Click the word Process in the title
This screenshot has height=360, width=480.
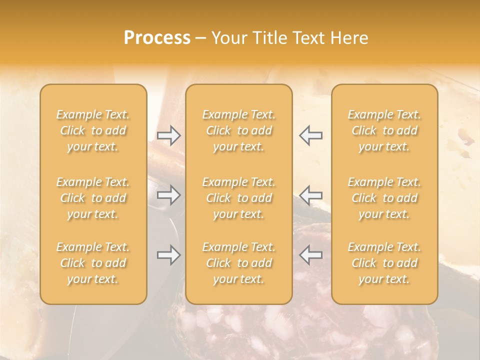[x=157, y=38]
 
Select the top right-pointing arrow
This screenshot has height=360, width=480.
[x=169, y=135]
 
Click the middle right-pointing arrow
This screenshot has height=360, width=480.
[x=169, y=195]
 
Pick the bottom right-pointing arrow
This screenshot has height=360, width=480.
[x=169, y=255]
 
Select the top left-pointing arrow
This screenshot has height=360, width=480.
[x=310, y=135]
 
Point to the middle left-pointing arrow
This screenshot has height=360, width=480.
[x=310, y=195]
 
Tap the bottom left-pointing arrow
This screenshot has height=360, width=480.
[x=310, y=255]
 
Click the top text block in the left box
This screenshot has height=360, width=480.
[x=93, y=130]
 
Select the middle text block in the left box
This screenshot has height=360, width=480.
[x=93, y=198]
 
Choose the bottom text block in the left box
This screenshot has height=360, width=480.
[x=93, y=263]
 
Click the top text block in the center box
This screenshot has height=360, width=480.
[x=239, y=130]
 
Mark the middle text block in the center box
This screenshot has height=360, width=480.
[x=239, y=198]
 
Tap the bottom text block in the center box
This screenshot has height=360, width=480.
[x=239, y=263]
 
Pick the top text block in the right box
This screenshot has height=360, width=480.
[x=384, y=130]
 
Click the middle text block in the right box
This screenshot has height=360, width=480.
[x=384, y=198]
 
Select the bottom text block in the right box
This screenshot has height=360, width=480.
[x=384, y=263]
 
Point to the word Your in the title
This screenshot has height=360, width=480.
[x=228, y=38]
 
